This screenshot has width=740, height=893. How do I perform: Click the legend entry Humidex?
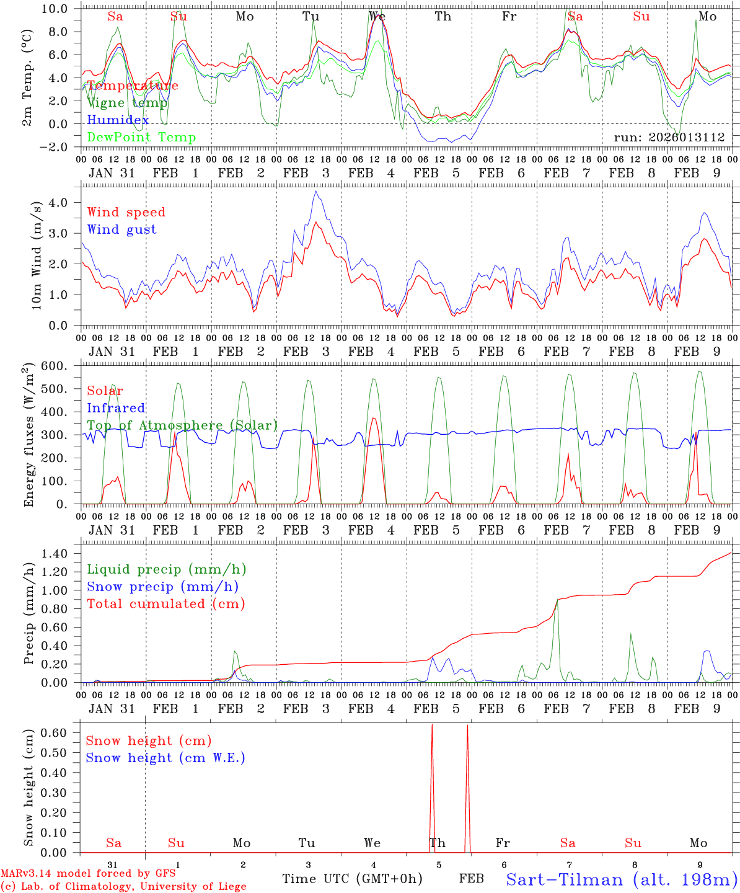[x=118, y=120]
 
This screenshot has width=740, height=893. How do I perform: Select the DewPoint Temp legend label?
[x=141, y=138]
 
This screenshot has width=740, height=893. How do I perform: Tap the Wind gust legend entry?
[x=121, y=229]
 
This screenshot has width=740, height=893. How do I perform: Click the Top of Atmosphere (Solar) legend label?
[x=182, y=425]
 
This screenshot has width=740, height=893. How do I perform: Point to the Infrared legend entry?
[x=116, y=408]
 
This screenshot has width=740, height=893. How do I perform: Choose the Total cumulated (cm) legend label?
[x=165, y=604]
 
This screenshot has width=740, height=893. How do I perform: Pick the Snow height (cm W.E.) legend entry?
[x=165, y=758]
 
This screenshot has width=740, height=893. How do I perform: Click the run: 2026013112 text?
[x=669, y=138]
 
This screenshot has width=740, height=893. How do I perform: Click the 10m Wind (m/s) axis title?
[x=37, y=255]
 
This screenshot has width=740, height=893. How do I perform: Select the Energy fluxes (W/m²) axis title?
[x=29, y=436]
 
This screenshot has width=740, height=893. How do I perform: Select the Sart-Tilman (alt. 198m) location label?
[x=622, y=879]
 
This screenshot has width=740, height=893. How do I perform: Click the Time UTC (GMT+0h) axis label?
[x=352, y=879]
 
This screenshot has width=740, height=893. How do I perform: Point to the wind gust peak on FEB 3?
[x=316, y=191]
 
